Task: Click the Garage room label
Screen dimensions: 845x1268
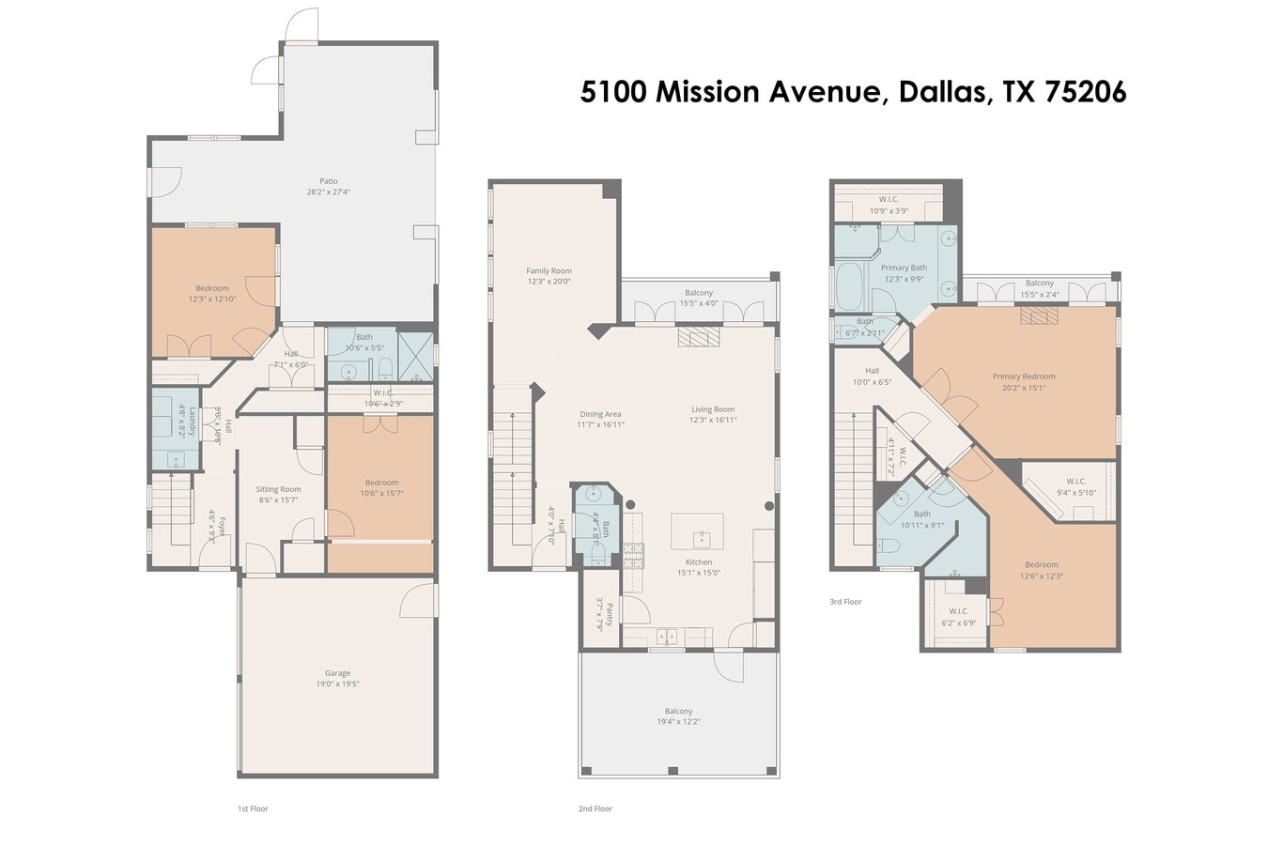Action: point(337,673)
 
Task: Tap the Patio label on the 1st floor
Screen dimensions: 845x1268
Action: point(328,181)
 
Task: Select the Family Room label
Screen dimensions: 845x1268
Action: point(549,270)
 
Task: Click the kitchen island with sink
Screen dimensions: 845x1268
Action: point(697,531)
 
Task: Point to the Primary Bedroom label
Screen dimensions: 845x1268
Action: point(1024,376)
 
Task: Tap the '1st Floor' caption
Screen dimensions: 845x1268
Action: point(253,808)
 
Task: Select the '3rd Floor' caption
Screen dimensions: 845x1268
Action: point(845,602)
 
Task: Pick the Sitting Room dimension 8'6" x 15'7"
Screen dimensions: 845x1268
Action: point(279,500)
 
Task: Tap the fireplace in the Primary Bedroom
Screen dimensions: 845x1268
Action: point(1039,316)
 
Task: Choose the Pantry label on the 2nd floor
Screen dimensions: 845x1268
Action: point(610,615)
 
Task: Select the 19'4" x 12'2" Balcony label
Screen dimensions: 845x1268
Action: point(678,722)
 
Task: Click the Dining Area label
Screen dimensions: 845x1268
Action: point(599,414)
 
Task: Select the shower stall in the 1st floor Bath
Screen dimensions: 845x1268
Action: point(416,356)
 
